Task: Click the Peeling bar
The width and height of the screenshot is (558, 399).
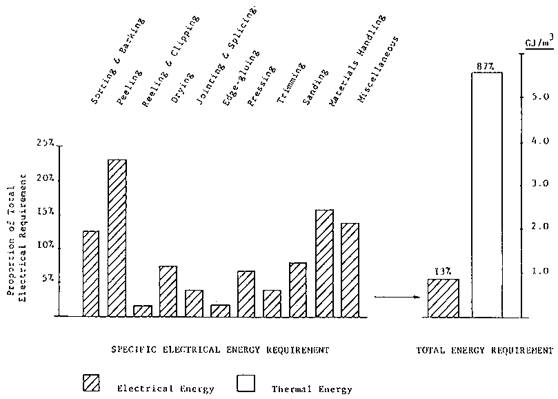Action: pyautogui.click(x=117, y=237)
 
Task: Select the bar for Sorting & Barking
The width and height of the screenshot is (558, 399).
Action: pyautogui.click(x=91, y=273)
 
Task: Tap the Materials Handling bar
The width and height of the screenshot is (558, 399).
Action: pyautogui.click(x=324, y=262)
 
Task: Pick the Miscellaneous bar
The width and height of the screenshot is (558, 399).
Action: pyautogui.click(x=350, y=269)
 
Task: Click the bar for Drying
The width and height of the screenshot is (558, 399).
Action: pyautogui.click(x=168, y=291)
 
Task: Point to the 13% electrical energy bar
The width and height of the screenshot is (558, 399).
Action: pyautogui.click(x=442, y=298)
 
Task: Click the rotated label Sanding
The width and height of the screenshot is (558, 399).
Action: pyautogui.click(x=315, y=93)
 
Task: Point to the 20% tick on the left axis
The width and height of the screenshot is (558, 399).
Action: pyautogui.click(x=47, y=178)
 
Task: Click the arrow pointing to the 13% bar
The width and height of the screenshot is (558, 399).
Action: pyautogui.click(x=397, y=297)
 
